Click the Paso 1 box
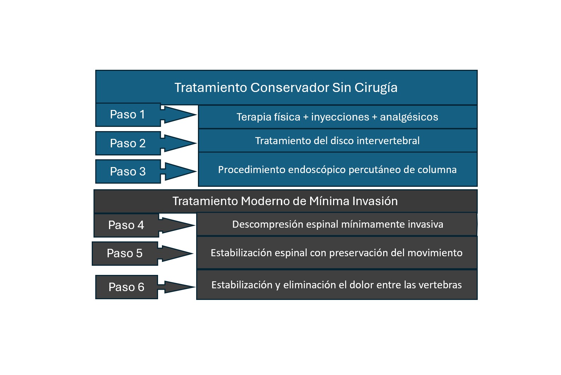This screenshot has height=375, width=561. (x=128, y=115)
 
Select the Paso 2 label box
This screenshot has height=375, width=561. (x=128, y=143)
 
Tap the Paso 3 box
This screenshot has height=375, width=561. (x=128, y=171)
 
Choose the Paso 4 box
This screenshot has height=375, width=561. (x=126, y=225)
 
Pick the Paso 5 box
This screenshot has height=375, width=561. (x=125, y=253)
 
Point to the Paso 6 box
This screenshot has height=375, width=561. (x=126, y=287)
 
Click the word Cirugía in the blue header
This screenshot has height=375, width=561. (x=376, y=88)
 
